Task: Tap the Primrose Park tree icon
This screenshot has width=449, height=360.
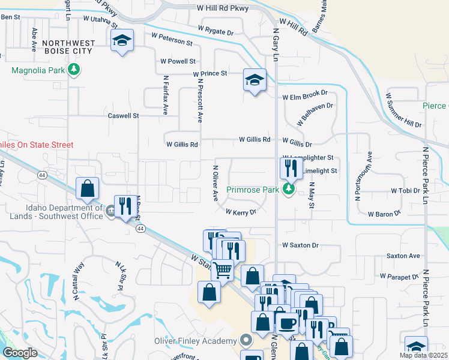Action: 289,190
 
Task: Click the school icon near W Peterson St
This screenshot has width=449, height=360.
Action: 122,41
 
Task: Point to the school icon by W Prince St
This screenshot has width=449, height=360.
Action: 254,79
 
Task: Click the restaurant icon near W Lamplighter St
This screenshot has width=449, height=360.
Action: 291,167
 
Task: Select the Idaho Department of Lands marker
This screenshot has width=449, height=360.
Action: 110,211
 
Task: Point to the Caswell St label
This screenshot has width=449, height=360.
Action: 123,115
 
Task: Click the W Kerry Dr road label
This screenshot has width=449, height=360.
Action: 241,212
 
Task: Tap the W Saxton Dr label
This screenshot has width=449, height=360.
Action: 300,245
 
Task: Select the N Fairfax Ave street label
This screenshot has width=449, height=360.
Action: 165,95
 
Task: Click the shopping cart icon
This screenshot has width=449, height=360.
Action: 222,270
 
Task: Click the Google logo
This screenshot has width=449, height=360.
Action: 20,353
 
